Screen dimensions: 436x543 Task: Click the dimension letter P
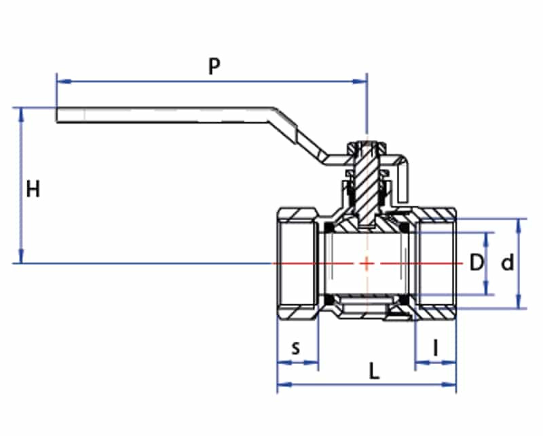[214, 66]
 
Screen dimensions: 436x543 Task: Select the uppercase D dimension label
[477, 262]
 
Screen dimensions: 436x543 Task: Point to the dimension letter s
[295, 348]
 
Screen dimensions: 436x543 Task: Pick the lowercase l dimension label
[436, 348]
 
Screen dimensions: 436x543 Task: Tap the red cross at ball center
[367, 263]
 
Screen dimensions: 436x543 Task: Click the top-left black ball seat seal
[329, 227]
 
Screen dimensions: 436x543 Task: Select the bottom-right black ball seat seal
[404, 299]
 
